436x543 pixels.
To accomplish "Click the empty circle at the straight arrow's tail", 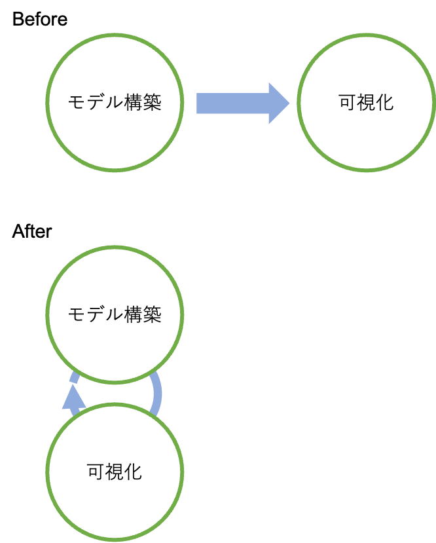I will (115, 103).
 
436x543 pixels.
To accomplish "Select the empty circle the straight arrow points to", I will (366, 103).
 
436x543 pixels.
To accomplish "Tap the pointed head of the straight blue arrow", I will (280, 103).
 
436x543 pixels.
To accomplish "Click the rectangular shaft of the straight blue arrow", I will (232, 103).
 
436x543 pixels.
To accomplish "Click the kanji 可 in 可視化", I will (96, 472).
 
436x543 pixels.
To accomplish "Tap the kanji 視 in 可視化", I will (115, 472).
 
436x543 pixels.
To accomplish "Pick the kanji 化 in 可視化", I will (133, 472).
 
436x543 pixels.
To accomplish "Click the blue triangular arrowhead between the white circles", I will (73, 398).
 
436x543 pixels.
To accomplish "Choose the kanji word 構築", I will (143, 315).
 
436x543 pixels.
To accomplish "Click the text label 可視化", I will (115, 472).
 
